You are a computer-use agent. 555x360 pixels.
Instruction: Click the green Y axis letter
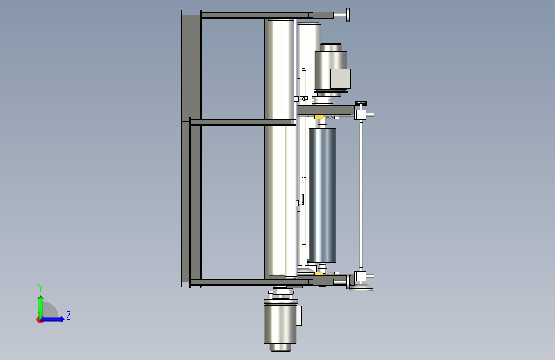coord(40,288)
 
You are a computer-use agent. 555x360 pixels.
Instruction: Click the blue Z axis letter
coord(68,315)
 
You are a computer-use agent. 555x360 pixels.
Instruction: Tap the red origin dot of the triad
coord(40,320)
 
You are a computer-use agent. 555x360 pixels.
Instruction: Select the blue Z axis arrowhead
coord(61,319)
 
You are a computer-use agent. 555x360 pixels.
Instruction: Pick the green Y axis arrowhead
coord(41,299)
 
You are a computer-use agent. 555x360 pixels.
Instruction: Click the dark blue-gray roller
coord(323,195)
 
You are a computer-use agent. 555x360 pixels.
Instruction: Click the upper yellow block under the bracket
coord(319,117)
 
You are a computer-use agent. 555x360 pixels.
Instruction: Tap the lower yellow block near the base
coord(319,273)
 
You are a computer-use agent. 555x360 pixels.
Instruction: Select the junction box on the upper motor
coord(340,79)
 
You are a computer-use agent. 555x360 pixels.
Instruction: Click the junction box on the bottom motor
coord(299,315)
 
